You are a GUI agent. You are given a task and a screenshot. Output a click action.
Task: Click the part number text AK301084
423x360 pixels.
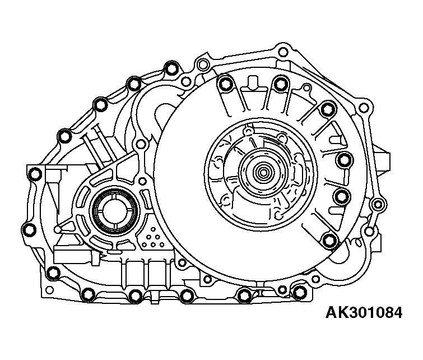[x=364, y=313]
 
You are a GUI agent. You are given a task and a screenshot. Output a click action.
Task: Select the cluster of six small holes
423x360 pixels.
[x=153, y=238]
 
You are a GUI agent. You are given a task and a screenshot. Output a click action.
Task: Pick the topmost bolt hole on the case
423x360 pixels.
[x=282, y=52]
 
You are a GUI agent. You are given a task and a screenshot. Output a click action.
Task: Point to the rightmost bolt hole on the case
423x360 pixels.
[x=378, y=204]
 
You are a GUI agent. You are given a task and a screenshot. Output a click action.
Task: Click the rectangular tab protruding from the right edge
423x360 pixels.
[x=383, y=161]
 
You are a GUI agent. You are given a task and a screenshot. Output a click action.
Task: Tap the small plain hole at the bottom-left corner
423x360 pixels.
[x=50, y=290]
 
